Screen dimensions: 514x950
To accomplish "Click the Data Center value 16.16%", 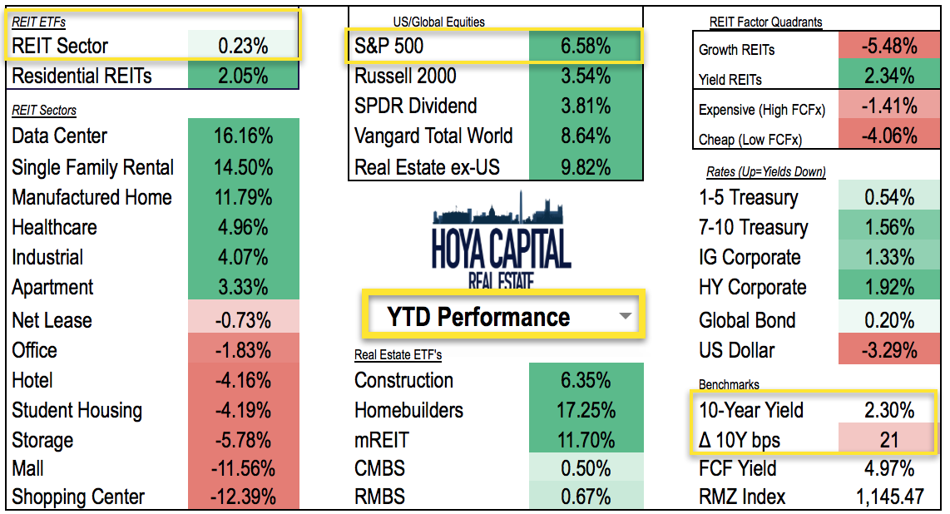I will (x=243, y=136).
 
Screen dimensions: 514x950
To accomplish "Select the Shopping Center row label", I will (x=78, y=497).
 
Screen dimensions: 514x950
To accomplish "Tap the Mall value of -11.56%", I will (x=243, y=467).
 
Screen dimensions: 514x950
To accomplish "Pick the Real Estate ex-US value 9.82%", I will (x=586, y=167).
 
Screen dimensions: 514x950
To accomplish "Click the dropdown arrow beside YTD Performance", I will (x=626, y=317).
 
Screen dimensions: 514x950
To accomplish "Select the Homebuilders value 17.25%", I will (x=586, y=410).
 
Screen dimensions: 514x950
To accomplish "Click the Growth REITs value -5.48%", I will (x=889, y=47).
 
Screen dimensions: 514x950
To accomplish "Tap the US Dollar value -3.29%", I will (x=889, y=350).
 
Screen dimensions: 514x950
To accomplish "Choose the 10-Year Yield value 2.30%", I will (x=889, y=410).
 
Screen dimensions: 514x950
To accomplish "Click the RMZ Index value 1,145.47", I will (x=889, y=497).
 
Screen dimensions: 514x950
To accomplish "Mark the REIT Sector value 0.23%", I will (x=243, y=47).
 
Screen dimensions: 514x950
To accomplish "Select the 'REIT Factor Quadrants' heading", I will (x=764, y=22).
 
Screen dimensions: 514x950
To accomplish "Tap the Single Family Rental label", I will (x=93, y=167).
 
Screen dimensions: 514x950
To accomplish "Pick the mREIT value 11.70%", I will (x=586, y=440).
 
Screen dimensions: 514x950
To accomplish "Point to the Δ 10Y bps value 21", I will (x=889, y=440).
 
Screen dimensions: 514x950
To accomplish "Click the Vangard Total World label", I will (x=433, y=136).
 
